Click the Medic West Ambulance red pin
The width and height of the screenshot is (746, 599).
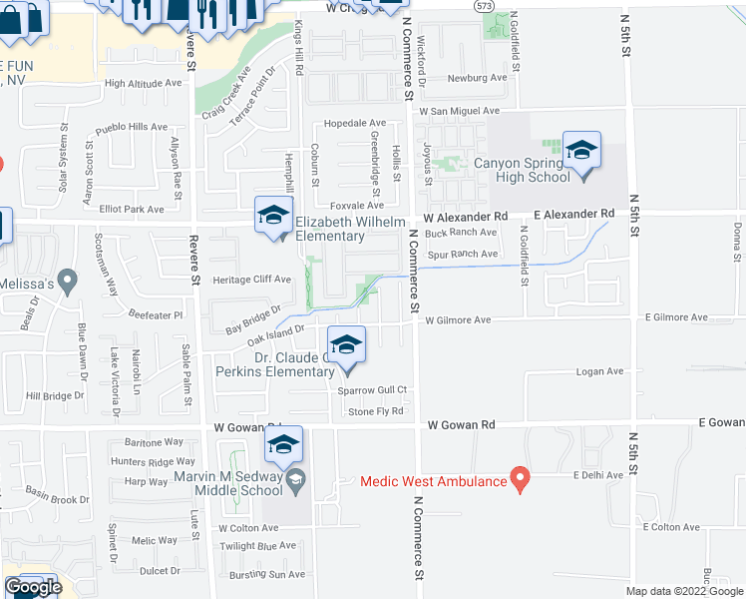coord(520,480)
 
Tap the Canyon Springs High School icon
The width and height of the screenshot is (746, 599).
coord(581,152)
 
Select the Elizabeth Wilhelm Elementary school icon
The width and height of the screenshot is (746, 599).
coord(274,215)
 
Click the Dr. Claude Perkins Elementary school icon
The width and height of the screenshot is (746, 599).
coord(346,346)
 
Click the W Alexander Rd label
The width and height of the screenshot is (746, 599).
coord(465,216)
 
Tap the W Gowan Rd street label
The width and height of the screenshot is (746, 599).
coord(462,424)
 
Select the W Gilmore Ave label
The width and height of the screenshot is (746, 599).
coord(458,321)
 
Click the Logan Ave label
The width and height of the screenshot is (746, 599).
coord(599,371)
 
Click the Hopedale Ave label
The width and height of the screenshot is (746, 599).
coord(345,125)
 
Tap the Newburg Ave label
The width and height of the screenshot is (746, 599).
coord(477,78)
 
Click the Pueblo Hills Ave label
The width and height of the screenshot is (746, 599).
coord(132,127)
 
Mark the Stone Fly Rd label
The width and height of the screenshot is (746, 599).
coord(375,411)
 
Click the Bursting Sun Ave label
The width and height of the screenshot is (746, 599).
coord(262,574)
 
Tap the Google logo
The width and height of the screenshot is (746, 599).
coord(33,588)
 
